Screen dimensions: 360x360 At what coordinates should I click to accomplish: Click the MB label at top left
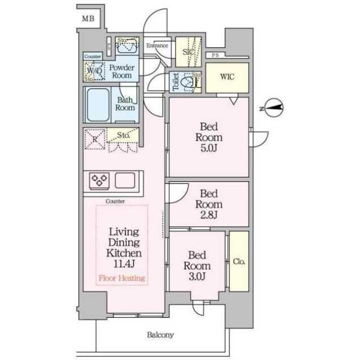point(88,19)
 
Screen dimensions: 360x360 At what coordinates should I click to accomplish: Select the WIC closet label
point(226,76)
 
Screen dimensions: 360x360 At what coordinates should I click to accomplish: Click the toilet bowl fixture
point(191,83)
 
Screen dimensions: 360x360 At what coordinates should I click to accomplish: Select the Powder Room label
point(121,71)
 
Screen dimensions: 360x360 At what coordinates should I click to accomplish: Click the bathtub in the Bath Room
point(98,105)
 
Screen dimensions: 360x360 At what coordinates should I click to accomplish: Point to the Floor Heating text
point(122,278)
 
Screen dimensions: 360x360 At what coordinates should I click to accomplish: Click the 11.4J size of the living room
point(121,263)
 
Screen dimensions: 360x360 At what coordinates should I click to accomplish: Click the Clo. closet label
point(238,262)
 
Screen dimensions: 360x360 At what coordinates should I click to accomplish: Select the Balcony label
point(161,335)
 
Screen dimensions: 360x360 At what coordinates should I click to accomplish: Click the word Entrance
point(157,45)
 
